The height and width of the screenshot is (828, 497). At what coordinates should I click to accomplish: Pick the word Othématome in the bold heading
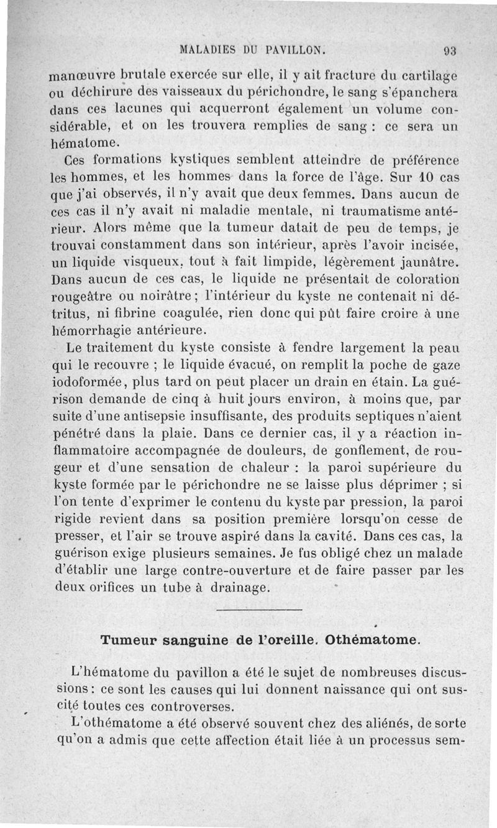[368, 640]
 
